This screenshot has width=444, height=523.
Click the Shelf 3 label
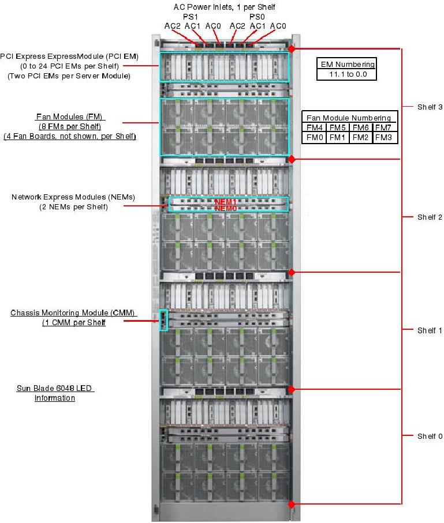click(x=430, y=107)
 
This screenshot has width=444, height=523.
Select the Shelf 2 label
click(x=430, y=217)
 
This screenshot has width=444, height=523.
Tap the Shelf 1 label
click(x=430, y=330)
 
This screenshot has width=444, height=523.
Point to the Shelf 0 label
click(x=430, y=436)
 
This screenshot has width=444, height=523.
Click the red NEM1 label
click(x=225, y=202)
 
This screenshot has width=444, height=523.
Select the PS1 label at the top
click(x=190, y=17)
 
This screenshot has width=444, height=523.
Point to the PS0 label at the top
click(x=257, y=17)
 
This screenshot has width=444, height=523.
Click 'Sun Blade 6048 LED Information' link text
click(x=55, y=393)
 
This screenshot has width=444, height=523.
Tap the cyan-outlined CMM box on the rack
click(x=163, y=320)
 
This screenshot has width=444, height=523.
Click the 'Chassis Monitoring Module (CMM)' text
click(x=73, y=313)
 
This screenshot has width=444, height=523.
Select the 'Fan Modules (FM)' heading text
click(x=70, y=117)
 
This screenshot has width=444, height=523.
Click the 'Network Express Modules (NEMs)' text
click(x=73, y=197)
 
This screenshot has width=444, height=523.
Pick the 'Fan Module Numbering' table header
click(x=348, y=117)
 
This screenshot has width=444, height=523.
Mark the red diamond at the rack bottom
click(x=292, y=504)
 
